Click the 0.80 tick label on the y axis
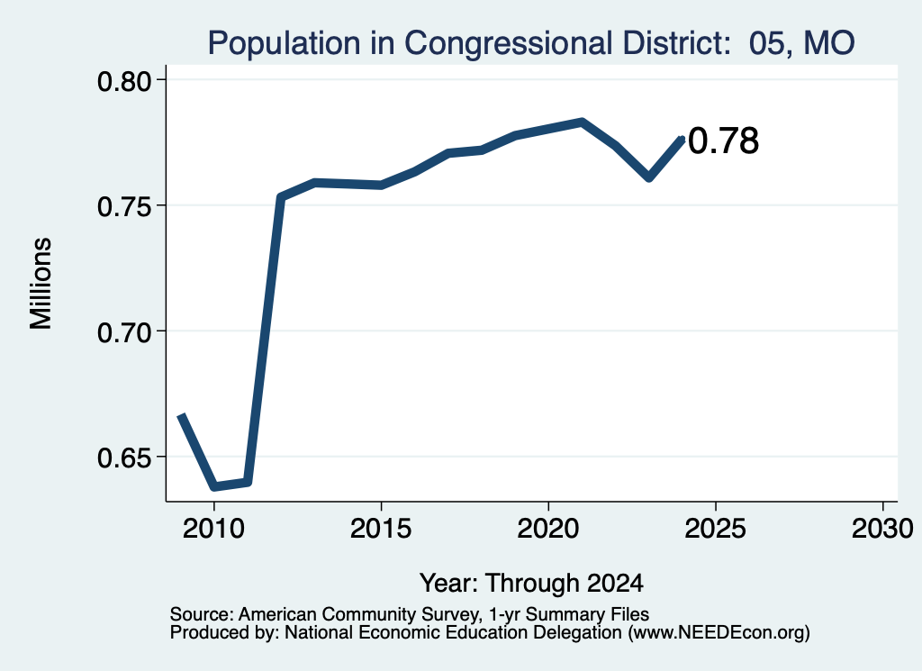coord(124,81)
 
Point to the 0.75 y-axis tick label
coord(124,206)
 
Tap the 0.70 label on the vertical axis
coord(124,332)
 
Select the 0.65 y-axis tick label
coord(124,458)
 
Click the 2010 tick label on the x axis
coord(213,528)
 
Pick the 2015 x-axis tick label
coord(381,528)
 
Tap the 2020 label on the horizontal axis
coord(548,528)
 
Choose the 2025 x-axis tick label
coord(715,528)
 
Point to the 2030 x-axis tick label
coord(882,528)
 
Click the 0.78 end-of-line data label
coord(723,141)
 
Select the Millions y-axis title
coord(41,283)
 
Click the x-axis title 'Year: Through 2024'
coord(531,584)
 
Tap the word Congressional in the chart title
coord(509,43)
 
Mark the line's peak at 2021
coord(582,122)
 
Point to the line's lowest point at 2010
coord(214,487)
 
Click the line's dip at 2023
coord(648,177)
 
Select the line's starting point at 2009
coord(182,415)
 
